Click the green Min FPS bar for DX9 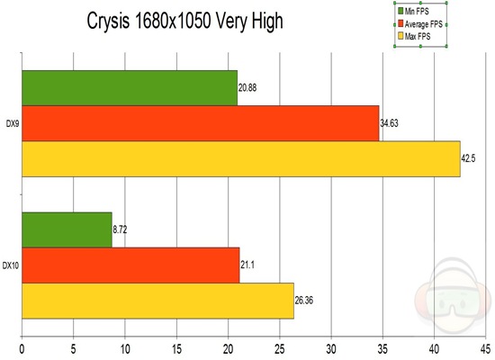click(129, 88)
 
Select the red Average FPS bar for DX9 click(200, 123)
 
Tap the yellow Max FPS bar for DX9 click(240, 159)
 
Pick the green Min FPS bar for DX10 click(67, 229)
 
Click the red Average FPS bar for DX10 click(130, 265)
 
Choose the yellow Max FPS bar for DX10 click(157, 300)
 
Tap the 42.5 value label click(470, 159)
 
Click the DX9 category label click(12, 123)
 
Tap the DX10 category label click(12, 265)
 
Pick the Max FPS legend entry click(415, 35)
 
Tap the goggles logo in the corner click(456, 296)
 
